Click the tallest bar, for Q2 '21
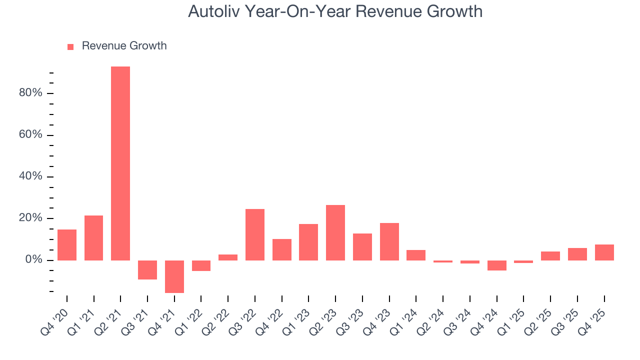coord(120,163)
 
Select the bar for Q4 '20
coord(67,245)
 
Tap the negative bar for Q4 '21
coord(174,276)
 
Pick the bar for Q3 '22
coord(255,234)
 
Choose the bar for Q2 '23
coord(335,232)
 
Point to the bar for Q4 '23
coord(389,241)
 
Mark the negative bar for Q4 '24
coord(497,265)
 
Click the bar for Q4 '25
coord(604,252)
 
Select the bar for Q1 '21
coord(94,238)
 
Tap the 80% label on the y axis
coord(30,93)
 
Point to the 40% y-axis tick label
coord(30,177)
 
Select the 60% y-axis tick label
coord(30,135)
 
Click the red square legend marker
coord(70,46)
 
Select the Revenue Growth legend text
coord(124,46)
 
